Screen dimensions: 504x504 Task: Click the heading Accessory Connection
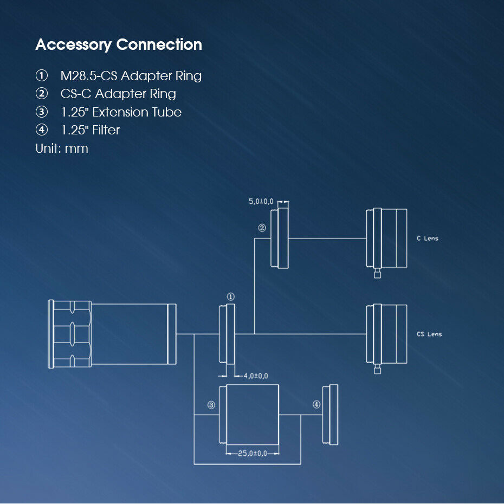click(x=119, y=44)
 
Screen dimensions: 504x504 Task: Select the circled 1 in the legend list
click(x=42, y=75)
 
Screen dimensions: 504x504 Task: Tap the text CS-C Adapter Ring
click(x=118, y=94)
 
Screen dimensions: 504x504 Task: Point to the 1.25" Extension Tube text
click(x=121, y=112)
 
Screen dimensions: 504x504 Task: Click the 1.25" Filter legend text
click(x=91, y=130)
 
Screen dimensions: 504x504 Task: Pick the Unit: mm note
click(x=62, y=148)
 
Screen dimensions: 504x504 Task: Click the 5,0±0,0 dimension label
click(x=261, y=202)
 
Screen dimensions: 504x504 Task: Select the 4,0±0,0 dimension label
click(x=256, y=376)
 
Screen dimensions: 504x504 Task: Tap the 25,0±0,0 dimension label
click(x=253, y=453)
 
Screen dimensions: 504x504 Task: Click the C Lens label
click(x=428, y=238)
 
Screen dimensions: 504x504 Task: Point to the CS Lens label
click(x=429, y=334)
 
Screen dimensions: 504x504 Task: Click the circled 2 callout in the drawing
click(x=262, y=228)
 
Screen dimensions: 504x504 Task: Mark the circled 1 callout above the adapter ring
click(x=230, y=296)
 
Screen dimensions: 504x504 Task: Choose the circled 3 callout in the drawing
click(x=211, y=405)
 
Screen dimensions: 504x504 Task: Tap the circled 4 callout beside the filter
click(x=316, y=404)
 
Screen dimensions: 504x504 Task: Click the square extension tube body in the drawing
click(x=253, y=415)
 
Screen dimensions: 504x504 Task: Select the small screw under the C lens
click(x=377, y=274)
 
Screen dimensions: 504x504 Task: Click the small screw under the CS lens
click(x=377, y=369)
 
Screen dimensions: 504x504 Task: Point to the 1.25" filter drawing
click(x=330, y=415)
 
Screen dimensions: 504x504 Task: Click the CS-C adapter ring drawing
click(x=280, y=238)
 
